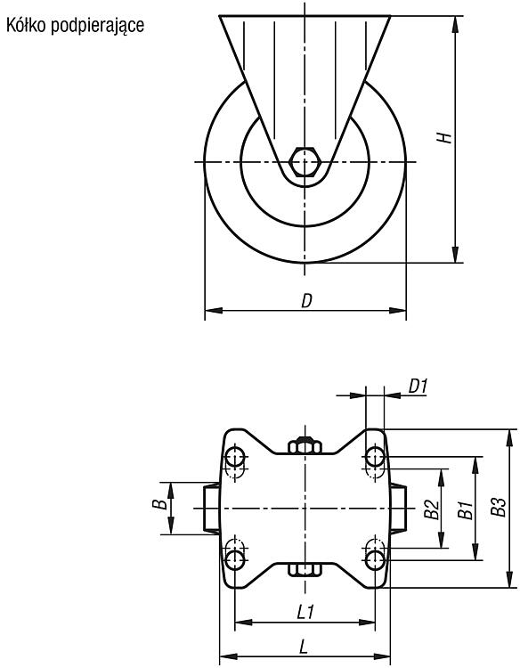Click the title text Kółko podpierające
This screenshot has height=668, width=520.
tap(75, 26)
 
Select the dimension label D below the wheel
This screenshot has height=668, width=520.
tap(306, 301)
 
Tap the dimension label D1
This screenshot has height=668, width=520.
tap(418, 386)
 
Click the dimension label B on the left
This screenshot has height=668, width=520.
tap(159, 504)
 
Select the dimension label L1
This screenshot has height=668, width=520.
tap(305, 613)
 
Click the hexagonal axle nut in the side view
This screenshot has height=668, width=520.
tap(305, 161)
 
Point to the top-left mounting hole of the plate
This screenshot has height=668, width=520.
tap(235, 457)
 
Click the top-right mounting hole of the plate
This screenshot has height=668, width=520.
tap(375, 457)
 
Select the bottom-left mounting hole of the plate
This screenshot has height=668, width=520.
tap(235, 560)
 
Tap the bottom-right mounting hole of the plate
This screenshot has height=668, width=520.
tap(375, 560)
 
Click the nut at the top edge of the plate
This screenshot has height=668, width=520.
tap(305, 445)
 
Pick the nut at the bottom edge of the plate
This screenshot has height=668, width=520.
tap(305, 570)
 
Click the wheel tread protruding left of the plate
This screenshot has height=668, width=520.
tap(211, 509)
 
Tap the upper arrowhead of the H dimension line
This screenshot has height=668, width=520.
tap(455, 24)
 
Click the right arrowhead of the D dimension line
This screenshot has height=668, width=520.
tap(398, 311)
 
